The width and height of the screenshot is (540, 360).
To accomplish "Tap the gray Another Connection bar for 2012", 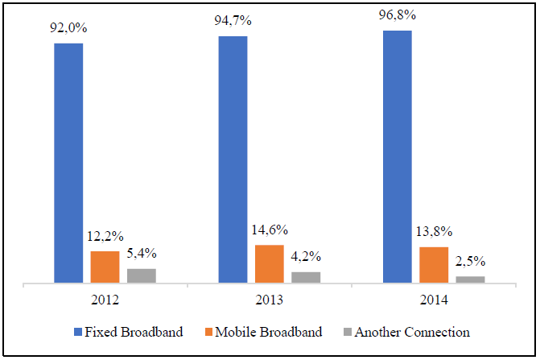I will pos(142,275).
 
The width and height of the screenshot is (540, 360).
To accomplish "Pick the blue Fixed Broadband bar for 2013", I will pos(233,159).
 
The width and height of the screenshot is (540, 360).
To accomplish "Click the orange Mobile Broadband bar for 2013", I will pos(269,264).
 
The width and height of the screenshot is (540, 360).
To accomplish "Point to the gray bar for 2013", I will pos(306,277).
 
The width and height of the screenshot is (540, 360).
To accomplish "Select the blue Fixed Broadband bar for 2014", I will pos(397,157).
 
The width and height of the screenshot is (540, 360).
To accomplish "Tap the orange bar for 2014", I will pos(433,265).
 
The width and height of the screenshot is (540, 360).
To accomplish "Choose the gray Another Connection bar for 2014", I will pos(470,279).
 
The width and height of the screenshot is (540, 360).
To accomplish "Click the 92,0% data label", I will pos(68,29).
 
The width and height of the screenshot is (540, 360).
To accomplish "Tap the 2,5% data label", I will pos(470,263).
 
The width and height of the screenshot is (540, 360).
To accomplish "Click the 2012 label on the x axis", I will pos(105,300).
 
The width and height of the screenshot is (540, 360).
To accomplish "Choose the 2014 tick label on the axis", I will pos(433,300).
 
